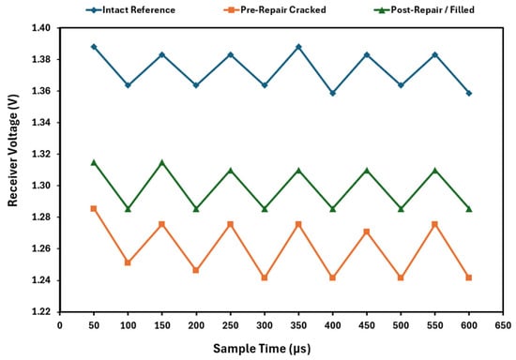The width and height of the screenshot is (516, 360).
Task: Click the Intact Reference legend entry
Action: [x=130, y=10]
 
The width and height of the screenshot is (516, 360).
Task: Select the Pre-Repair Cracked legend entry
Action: [x=275, y=10]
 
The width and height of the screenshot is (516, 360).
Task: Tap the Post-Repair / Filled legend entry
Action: [x=424, y=10]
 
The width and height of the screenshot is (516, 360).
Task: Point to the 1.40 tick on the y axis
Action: [x=41, y=28]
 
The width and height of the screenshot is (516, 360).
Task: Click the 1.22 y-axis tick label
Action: [x=41, y=311]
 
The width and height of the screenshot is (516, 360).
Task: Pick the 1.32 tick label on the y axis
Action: [x=41, y=154]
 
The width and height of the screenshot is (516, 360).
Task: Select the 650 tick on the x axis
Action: [x=503, y=325]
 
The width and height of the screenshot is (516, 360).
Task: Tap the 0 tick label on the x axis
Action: [x=59, y=325]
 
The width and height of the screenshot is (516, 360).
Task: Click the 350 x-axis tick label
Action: [x=298, y=325]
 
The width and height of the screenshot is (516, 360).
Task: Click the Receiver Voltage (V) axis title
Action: [x=12, y=150]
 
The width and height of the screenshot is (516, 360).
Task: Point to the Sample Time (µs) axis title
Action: [x=262, y=348]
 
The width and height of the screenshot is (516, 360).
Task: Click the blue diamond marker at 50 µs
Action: [x=94, y=47]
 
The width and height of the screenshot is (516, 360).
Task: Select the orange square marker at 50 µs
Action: [x=94, y=209]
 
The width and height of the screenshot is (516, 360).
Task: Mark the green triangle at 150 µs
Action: [x=162, y=163]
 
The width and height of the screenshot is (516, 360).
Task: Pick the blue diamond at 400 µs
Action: [x=333, y=94]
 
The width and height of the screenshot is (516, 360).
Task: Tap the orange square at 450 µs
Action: [x=367, y=232]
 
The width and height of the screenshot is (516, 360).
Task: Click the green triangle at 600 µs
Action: [x=469, y=209]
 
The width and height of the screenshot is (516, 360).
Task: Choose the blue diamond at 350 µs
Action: [x=298, y=47]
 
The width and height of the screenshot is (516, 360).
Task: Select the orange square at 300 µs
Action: [x=265, y=277]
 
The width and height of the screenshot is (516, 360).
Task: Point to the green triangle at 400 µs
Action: [x=333, y=209]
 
